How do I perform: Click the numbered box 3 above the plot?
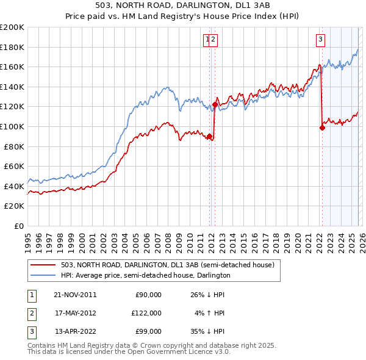coord(320,40)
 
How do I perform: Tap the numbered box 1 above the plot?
coord(207,40)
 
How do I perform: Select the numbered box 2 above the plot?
coord(214,40)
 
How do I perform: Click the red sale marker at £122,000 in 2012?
coord(215,104)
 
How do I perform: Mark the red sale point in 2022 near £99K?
coord(322,128)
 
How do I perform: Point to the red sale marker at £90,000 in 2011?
coord(210,136)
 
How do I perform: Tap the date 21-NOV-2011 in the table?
coord(75,295)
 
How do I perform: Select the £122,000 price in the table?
coord(146,313)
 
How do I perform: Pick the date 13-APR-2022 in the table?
coord(75,331)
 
